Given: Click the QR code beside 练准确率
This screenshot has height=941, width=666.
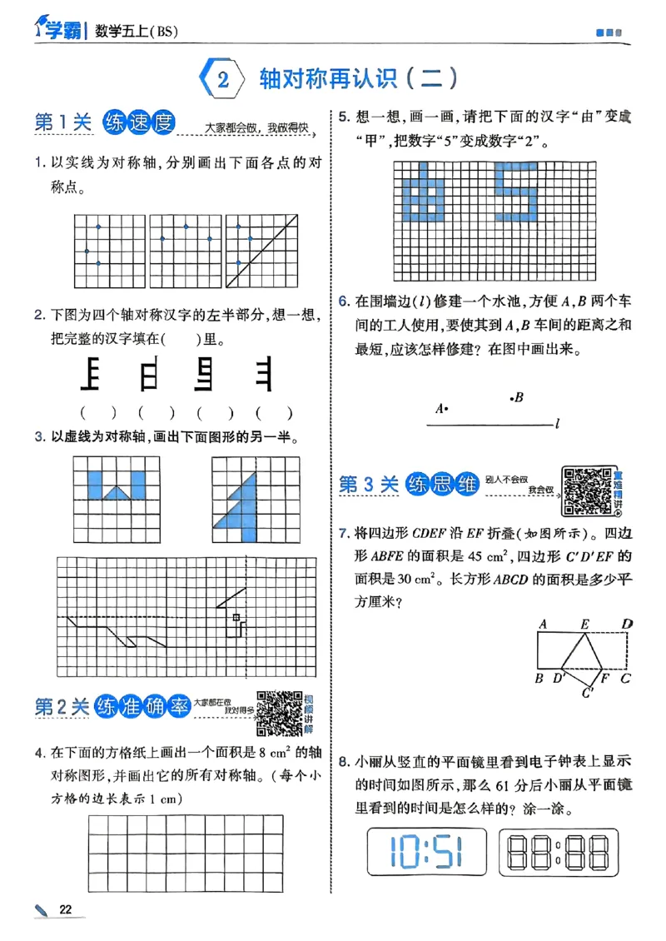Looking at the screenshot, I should [279, 713].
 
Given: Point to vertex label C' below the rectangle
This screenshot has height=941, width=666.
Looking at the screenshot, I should [587, 691].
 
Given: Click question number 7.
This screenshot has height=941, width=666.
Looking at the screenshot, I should [342, 532].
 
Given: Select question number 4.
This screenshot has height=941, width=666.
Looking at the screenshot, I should [39, 754].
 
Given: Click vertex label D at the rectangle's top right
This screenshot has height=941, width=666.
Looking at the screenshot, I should [628, 624].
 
